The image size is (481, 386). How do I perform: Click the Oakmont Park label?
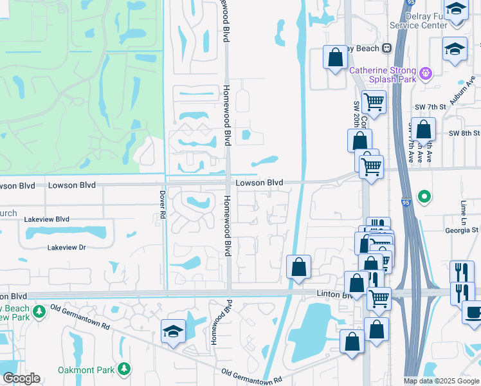click(86, 370)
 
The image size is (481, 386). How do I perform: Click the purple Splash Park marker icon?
click(424, 74)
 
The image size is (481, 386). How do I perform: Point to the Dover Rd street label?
click(162, 205)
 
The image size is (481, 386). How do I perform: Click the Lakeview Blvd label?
click(46, 219)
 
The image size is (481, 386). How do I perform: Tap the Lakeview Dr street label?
click(66, 247)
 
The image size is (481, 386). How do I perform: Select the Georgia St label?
click(462, 230)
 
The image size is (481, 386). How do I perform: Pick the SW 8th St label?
click(464, 133)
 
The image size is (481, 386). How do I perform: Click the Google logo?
click(21, 378)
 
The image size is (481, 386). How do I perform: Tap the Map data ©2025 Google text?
click(442, 381)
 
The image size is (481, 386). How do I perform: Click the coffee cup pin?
click(473, 313)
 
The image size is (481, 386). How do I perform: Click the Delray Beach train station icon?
click(387, 48)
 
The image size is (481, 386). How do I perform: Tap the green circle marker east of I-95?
click(424, 196)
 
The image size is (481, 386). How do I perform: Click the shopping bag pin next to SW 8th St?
click(424, 130)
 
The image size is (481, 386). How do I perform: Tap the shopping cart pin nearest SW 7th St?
click(374, 102)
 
